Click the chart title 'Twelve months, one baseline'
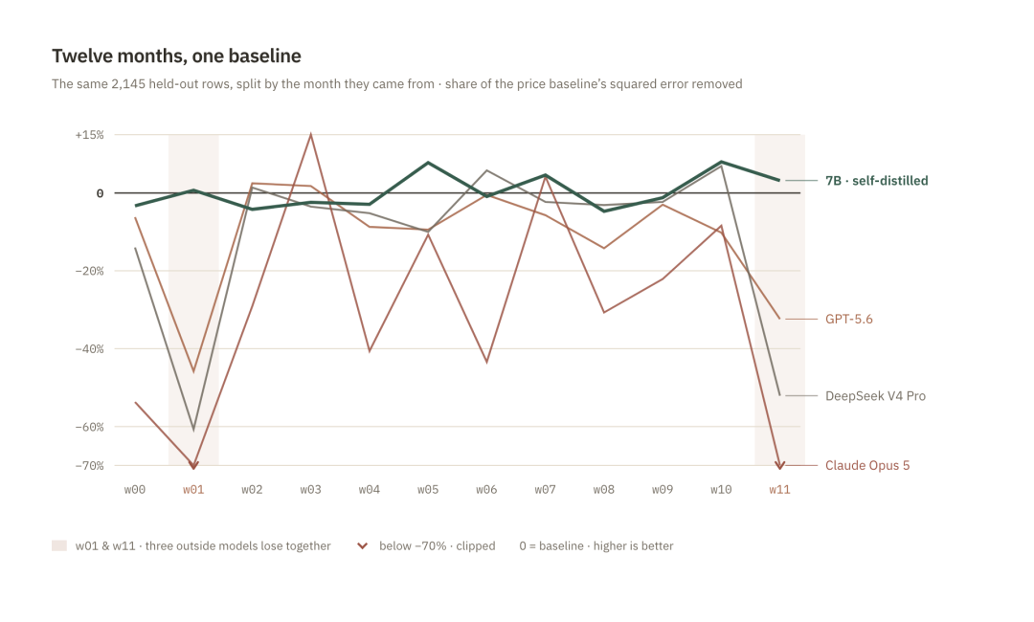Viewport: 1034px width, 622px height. [176, 56]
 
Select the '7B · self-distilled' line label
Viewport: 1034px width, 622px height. [876, 181]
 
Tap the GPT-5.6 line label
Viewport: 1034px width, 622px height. [848, 319]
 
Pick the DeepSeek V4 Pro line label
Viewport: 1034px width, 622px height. [875, 396]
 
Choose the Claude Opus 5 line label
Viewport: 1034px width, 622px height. [867, 465]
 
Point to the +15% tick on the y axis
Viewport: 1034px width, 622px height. [89, 135]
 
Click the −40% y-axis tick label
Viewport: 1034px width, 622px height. [89, 349]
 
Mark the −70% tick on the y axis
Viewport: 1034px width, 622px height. [89, 466]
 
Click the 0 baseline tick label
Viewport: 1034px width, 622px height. [100, 193]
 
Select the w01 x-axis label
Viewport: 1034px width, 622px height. [193, 490]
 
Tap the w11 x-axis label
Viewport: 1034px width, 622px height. [779, 490]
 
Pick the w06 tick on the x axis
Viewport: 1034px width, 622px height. [486, 490]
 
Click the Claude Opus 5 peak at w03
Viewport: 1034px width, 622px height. [310, 134]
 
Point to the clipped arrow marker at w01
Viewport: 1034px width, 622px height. [193, 465]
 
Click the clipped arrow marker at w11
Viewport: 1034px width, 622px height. [779, 465]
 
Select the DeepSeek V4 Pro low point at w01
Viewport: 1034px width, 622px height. [193, 431]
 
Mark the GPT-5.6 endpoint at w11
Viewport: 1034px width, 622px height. [779, 319]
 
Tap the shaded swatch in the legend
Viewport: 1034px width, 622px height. [59, 545]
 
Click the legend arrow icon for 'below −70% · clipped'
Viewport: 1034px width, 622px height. [362, 545]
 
